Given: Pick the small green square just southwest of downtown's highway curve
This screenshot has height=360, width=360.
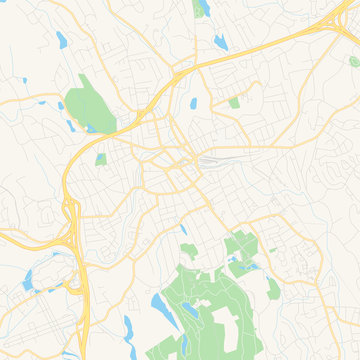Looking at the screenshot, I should coord(100,159).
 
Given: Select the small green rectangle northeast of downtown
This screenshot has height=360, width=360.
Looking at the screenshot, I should coord(234,102).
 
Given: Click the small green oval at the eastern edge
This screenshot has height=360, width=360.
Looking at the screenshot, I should coord(352,62).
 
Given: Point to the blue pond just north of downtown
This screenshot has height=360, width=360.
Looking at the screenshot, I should coord(193,103).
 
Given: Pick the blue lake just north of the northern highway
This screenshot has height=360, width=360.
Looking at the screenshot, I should coord(219,43).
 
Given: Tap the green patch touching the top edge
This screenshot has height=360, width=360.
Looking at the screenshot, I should coord(200,8).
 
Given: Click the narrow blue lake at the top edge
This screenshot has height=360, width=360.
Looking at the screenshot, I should coord(205,8).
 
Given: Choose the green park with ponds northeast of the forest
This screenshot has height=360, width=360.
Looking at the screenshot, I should coord(240,250).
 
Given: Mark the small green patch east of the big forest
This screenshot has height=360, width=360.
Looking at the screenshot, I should coord(273,289).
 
